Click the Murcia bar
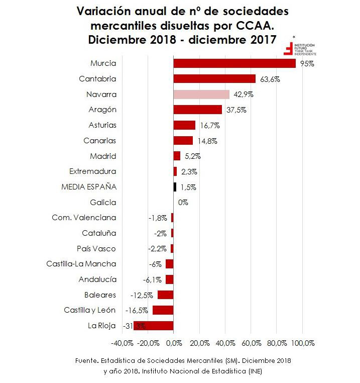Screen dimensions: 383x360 234,63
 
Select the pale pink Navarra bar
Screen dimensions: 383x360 201,94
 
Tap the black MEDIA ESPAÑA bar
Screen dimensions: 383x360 175,187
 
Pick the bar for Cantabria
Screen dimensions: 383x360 214,79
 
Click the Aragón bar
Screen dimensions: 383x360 197,110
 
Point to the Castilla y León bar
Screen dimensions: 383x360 163,310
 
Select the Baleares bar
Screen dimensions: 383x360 165,295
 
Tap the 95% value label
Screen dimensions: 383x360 307,64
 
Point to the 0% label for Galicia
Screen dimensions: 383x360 183,203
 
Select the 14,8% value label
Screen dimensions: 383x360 206,141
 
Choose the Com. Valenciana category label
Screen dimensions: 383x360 84,218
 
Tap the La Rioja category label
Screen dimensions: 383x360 101,326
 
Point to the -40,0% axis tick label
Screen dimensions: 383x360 122,343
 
